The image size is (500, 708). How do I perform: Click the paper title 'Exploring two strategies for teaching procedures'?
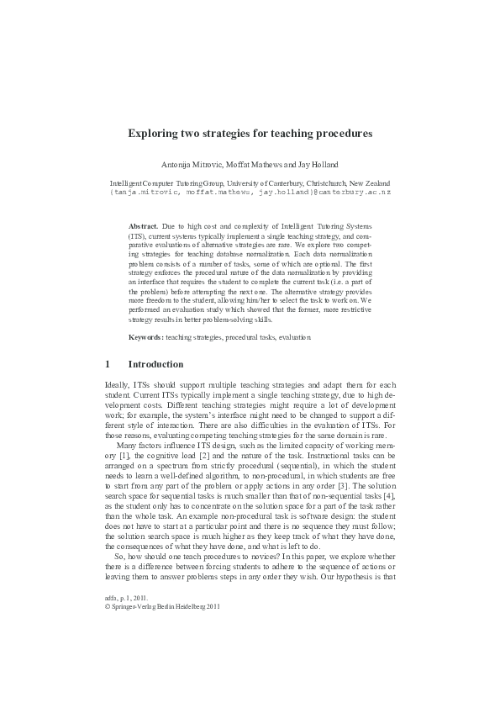[250, 133]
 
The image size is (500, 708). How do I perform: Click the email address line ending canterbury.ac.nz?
[250, 192]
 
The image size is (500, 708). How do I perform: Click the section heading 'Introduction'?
[155, 365]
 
